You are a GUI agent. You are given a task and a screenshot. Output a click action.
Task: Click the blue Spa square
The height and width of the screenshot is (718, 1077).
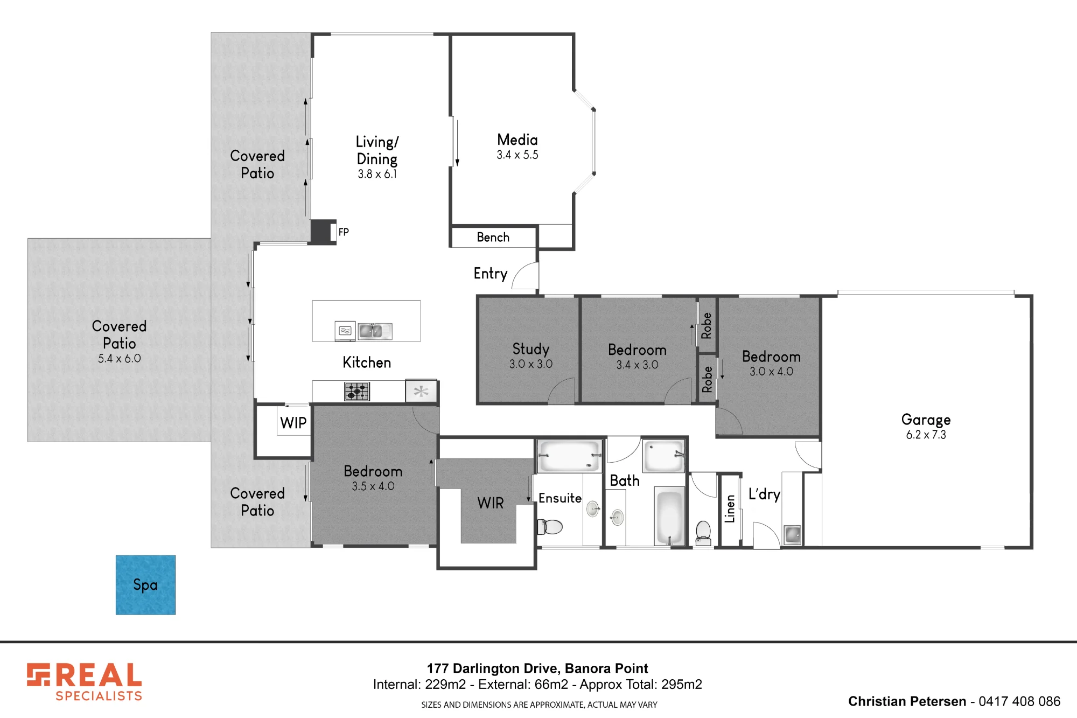(x=145, y=585)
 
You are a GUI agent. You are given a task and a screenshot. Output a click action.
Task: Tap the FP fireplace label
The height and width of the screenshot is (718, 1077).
(x=344, y=232)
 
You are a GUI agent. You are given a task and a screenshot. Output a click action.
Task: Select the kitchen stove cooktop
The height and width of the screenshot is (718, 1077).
(x=357, y=392)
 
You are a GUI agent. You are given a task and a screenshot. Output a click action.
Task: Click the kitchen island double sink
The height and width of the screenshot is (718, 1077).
(x=375, y=331)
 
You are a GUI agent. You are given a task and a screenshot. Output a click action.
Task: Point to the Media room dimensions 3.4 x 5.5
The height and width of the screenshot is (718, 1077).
(x=517, y=155)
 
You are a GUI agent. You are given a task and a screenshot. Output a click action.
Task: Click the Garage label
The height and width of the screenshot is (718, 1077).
(x=926, y=420)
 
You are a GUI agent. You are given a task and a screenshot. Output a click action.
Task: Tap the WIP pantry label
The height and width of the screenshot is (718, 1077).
(x=293, y=423)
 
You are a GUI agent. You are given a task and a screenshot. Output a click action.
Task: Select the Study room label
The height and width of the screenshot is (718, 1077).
(x=531, y=349)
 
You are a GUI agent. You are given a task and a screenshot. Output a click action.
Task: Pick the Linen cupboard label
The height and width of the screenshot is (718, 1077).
(x=730, y=509)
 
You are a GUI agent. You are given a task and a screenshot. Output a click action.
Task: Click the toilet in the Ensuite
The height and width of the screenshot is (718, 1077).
(x=550, y=526)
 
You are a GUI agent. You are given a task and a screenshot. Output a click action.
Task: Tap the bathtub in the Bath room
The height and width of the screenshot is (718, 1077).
(x=669, y=517)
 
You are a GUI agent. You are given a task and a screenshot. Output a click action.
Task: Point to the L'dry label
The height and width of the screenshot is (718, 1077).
(x=764, y=494)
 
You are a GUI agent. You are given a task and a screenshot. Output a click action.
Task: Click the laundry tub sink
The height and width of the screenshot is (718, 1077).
(x=792, y=535)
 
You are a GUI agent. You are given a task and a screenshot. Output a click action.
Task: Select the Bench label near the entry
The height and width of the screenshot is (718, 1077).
(x=493, y=238)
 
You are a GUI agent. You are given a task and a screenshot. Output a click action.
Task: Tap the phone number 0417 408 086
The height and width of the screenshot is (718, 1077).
(x=1019, y=701)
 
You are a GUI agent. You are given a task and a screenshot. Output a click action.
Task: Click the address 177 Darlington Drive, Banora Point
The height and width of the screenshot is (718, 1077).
(x=537, y=668)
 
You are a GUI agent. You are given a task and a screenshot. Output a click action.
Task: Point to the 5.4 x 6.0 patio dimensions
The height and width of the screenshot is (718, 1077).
(x=120, y=359)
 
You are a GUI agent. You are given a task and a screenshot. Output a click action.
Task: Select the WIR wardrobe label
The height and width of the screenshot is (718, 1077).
(x=491, y=503)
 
